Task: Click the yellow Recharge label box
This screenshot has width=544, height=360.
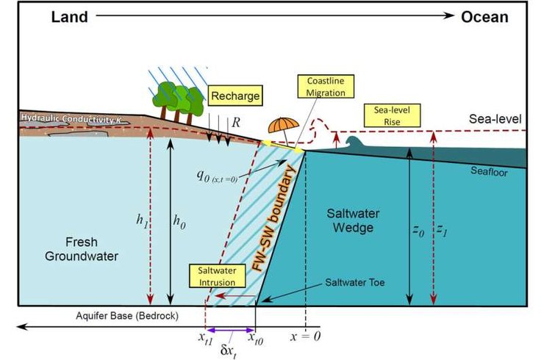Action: click(235, 96)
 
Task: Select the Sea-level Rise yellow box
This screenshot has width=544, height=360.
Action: click(392, 115)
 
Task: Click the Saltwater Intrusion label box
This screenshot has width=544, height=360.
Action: click(214, 277)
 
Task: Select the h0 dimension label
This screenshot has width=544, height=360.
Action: click(179, 220)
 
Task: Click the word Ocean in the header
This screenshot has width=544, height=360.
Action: click(484, 17)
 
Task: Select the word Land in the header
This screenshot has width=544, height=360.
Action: click(69, 17)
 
